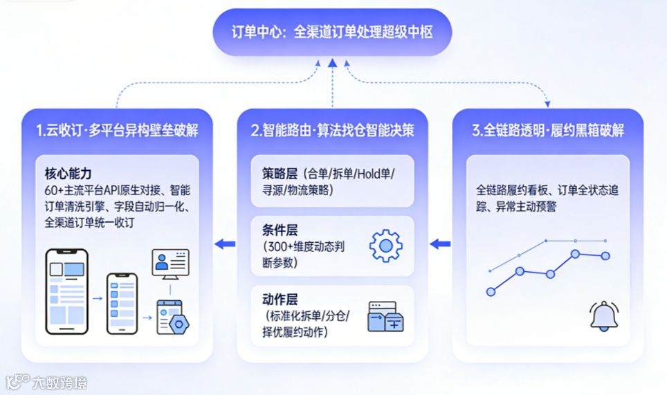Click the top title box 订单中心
pyautogui.click(x=332, y=33)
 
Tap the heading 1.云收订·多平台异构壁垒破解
pyautogui.click(x=118, y=130)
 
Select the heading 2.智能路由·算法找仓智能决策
pyautogui.click(x=333, y=130)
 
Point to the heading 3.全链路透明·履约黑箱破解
pyautogui.click(x=548, y=130)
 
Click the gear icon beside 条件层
pyautogui.click(x=385, y=244)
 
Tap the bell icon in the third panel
pyautogui.click(x=603, y=316)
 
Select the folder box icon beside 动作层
pyautogui.click(x=385, y=316)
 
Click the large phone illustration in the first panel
pyautogui.click(x=66, y=288)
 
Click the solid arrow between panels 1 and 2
pyautogui.click(x=225, y=244)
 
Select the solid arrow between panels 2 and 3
pyautogui.click(x=440, y=244)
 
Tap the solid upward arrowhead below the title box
pyautogui.click(x=333, y=64)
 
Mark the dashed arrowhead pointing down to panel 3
pyautogui.click(x=547, y=104)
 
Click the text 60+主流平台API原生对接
pyautogui.click(x=104, y=189)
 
